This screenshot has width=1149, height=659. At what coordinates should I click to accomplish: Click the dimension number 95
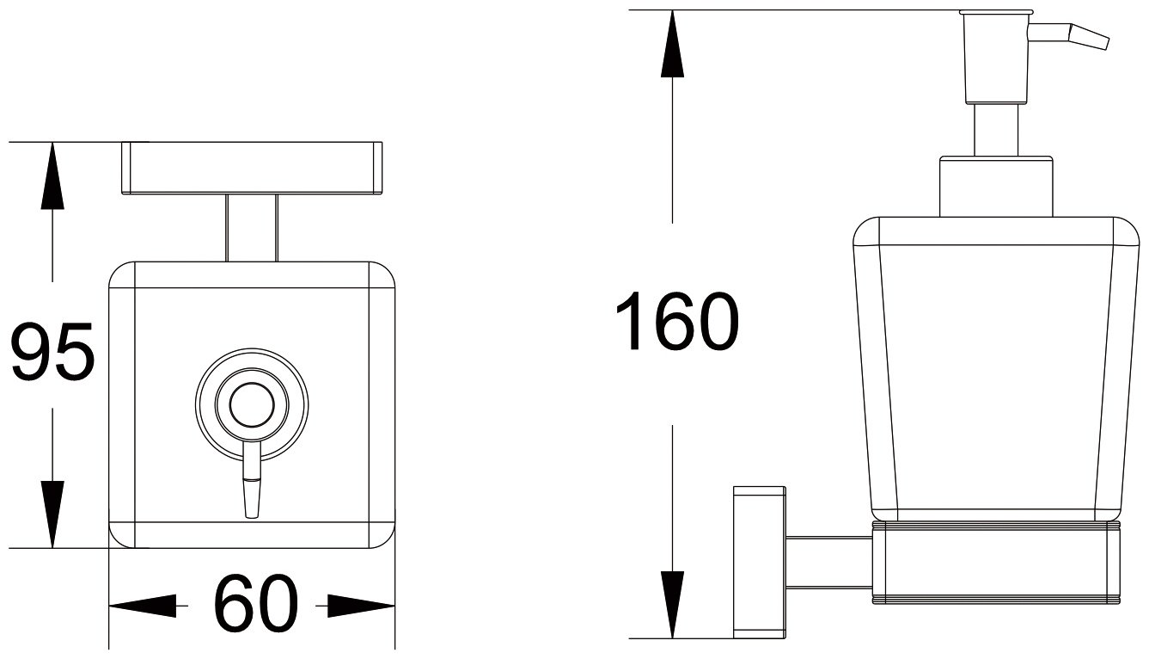52,351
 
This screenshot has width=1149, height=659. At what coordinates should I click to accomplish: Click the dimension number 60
256,604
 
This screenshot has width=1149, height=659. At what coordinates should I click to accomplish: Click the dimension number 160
677,321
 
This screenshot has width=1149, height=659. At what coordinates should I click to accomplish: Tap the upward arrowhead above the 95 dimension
52,176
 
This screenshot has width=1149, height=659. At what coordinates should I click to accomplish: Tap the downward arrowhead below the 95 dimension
52,514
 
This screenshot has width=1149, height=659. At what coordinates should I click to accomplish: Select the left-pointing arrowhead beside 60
143,607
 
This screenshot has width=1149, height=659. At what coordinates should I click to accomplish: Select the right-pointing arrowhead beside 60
361,607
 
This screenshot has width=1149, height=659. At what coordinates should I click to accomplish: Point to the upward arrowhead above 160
672,44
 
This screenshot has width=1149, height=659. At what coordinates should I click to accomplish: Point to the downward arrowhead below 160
672,605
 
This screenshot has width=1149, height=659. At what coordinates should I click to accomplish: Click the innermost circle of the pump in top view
252,405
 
